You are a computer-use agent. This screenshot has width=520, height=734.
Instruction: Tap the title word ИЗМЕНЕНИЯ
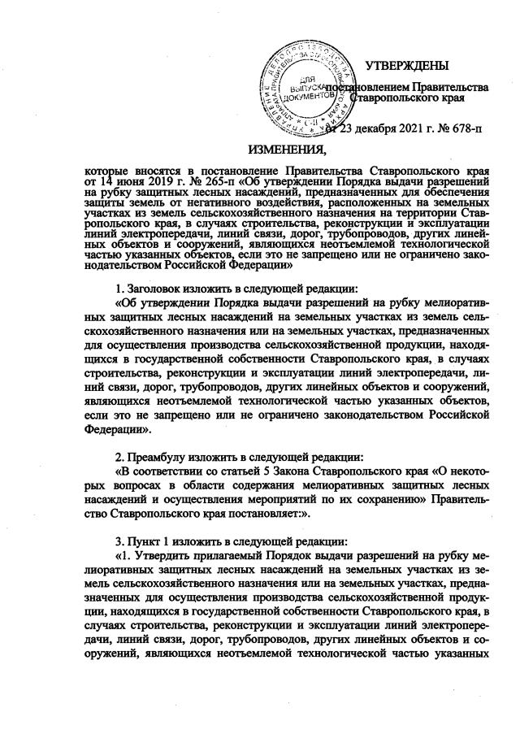[284, 149]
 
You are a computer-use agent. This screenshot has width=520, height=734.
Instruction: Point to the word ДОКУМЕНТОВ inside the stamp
[305, 95]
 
